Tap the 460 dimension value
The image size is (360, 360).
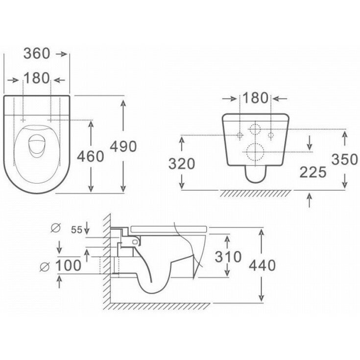click(91, 156)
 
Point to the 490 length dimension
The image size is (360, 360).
click(122, 146)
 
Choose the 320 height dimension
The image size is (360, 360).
click(182, 163)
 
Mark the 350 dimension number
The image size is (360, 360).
click(346, 160)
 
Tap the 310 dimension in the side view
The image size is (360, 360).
click(228, 256)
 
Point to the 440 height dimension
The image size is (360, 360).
click(263, 265)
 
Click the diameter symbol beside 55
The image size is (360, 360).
click(55, 227)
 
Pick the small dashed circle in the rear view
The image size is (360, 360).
click(255, 129)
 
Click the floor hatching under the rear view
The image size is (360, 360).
click(255, 192)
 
